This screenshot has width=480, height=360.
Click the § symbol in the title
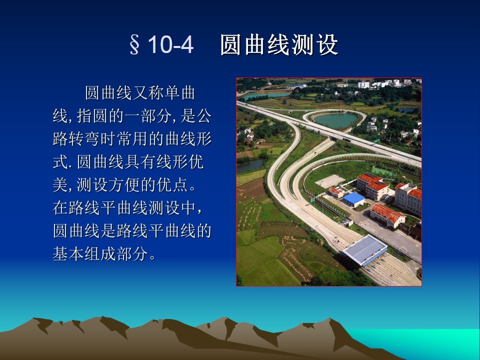(134, 44)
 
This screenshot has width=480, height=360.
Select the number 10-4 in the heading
(170, 44)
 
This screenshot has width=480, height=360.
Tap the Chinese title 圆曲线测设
(279, 44)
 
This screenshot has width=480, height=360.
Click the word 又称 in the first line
(147, 93)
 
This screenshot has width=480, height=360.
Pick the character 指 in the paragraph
(84, 116)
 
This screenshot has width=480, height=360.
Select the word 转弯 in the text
(84, 139)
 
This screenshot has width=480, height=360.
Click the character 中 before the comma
(188, 208)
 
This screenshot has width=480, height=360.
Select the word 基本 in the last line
(68, 254)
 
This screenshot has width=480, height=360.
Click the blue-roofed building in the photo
(353, 199)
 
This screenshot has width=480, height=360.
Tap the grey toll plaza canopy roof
(364, 249)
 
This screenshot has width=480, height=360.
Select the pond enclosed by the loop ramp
(336, 120)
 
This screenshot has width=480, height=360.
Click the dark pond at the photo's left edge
(250, 165)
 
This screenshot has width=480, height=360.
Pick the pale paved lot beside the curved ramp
(330, 181)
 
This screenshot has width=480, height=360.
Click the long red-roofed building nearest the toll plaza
(387, 215)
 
